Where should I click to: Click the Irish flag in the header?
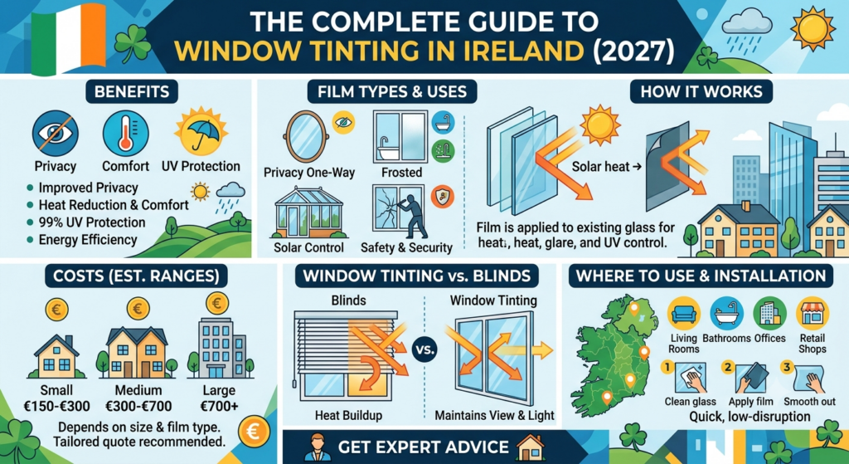click(x=69, y=38)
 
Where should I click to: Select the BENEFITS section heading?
click(x=132, y=91)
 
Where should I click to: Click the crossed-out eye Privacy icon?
click(x=56, y=133)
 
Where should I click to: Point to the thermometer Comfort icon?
click(x=126, y=133)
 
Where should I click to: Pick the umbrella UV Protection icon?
click(x=200, y=132)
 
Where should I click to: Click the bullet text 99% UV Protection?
click(x=92, y=222)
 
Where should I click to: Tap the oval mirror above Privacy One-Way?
click(x=307, y=137)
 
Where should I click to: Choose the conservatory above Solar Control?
click(x=308, y=213)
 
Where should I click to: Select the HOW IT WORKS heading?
click(x=701, y=91)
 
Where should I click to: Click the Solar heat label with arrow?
click(x=606, y=166)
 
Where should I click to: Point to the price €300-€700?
click(x=138, y=406)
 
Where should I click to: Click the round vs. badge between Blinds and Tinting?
click(x=424, y=349)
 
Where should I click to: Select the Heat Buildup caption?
click(x=348, y=416)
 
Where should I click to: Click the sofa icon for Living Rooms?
click(x=683, y=314)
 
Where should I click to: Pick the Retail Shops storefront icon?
click(x=813, y=314)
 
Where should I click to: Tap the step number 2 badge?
click(x=728, y=368)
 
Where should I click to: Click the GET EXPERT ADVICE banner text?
click(x=424, y=447)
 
